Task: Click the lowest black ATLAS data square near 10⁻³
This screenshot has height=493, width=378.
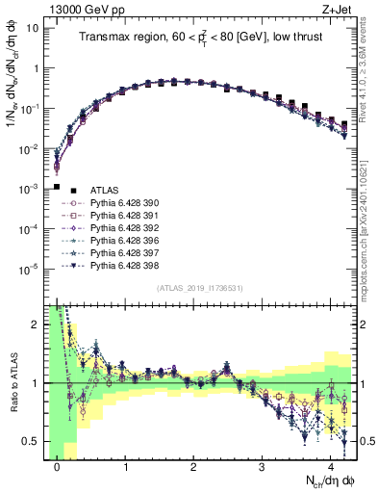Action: click(x=57, y=187)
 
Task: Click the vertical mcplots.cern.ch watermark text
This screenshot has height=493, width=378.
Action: click(x=369, y=241)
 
